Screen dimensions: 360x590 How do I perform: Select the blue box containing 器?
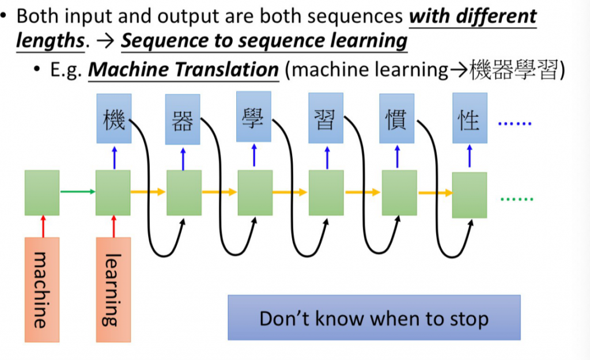pos(183,120)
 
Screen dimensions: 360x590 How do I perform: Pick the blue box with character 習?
pos(325,120)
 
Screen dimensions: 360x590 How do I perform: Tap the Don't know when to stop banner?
pos(373,317)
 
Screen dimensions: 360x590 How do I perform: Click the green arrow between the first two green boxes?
pos(77,192)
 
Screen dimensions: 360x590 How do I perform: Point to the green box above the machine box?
pos(42,192)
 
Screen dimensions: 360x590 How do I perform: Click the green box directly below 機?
pos(113,192)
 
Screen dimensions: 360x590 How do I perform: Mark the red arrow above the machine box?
pos(42,226)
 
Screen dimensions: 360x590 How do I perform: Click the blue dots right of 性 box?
pos(515,123)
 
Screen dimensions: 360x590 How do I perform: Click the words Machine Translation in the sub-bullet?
pos(184,70)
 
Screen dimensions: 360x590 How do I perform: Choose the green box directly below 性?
pos(469,195)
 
